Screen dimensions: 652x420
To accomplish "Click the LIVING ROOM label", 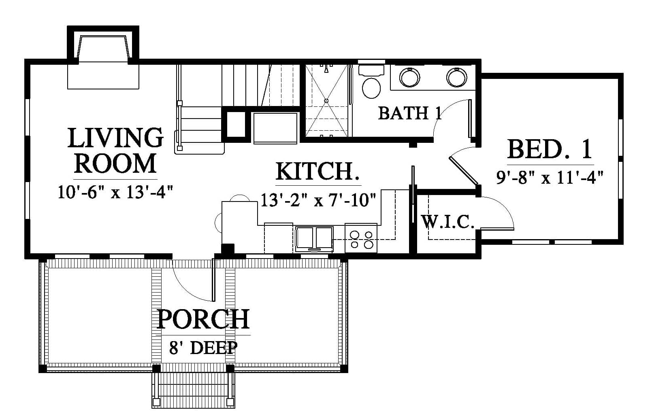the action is pos(115,151).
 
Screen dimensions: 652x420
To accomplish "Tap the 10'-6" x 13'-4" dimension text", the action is pos(115,192).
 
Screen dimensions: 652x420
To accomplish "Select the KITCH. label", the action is pos(317,171).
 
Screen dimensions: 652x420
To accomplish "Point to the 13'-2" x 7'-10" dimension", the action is pos(318,200).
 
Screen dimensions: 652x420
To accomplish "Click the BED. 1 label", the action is pos(550,149).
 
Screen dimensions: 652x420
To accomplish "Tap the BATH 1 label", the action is pos(410,113).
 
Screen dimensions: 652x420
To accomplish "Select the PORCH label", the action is pos(203,319).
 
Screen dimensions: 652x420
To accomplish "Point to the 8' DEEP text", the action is pos(203,347).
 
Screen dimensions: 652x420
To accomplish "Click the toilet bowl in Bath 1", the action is pos(371,87).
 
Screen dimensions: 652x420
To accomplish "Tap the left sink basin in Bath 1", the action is pos(410,77).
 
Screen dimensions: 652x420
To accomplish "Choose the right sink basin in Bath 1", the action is pos(457,77).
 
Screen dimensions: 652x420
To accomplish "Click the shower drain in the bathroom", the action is pos(326,101).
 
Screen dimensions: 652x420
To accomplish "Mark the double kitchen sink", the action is pos(314,239).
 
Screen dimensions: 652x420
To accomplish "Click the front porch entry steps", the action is pos(193,390).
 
